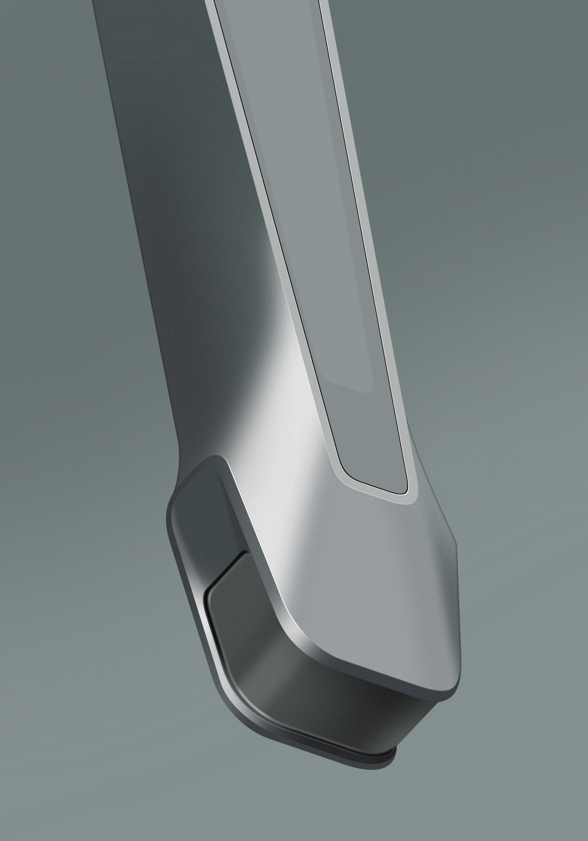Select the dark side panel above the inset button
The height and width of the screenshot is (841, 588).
pyautogui.click(x=205, y=520)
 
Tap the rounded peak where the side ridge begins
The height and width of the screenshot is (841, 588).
pyautogui.click(x=216, y=458)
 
